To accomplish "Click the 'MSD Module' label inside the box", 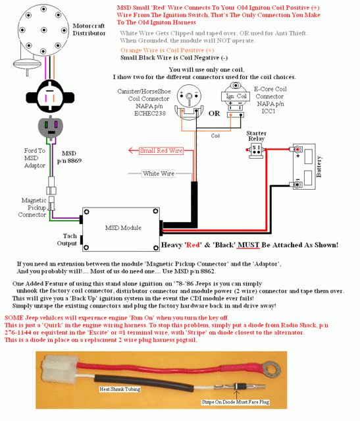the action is [123, 228].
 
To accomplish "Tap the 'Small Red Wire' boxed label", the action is [161, 151].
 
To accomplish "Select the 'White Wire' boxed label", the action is [159, 173].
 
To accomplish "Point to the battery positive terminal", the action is [297, 149].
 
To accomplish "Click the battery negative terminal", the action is [297, 184].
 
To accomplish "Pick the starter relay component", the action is [256, 151].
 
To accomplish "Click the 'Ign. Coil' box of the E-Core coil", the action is [236, 96].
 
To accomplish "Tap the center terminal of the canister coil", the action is [189, 96].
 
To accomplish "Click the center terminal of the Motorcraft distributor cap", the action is [43, 30].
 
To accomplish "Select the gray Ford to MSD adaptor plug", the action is [51, 126].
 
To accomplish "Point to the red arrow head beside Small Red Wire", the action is [131, 150].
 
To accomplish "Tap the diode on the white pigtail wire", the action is [237, 387].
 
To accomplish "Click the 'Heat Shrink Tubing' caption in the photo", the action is [120, 389].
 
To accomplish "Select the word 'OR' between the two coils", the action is [214, 113].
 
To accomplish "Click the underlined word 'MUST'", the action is [248, 245].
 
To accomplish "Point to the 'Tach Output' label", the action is [67, 240].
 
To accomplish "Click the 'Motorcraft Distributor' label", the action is [89, 30].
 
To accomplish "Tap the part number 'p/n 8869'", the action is [69, 161].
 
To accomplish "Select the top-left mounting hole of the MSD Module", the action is [87, 212].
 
